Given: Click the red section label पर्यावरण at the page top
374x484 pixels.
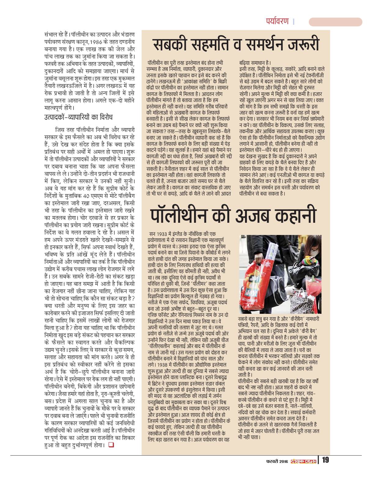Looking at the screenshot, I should click(x=277, y=22).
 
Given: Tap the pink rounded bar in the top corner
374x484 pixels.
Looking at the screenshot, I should click(x=335, y=22).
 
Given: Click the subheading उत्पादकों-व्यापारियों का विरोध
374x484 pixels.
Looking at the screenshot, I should click(x=79, y=117).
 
